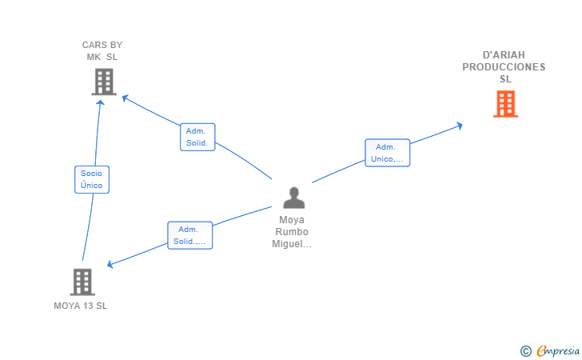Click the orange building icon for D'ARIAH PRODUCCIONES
(505, 104)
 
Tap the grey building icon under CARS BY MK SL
(104, 82)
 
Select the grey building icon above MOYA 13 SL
(82, 282)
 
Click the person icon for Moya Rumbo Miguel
(294, 198)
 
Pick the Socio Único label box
(92, 179)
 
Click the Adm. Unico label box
(387, 153)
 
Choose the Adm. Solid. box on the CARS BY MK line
(197, 137)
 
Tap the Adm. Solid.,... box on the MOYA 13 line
(189, 235)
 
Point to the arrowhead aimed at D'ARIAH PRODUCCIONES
(460, 126)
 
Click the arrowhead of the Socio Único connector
(100, 102)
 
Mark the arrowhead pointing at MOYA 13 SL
(110, 264)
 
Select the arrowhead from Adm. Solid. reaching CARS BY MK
(125, 98)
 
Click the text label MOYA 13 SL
(81, 306)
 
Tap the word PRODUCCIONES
(504, 67)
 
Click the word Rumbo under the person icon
(292, 232)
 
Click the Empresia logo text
(558, 350)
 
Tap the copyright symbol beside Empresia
(526, 351)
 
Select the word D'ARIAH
(504, 55)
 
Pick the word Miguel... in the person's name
(292, 244)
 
